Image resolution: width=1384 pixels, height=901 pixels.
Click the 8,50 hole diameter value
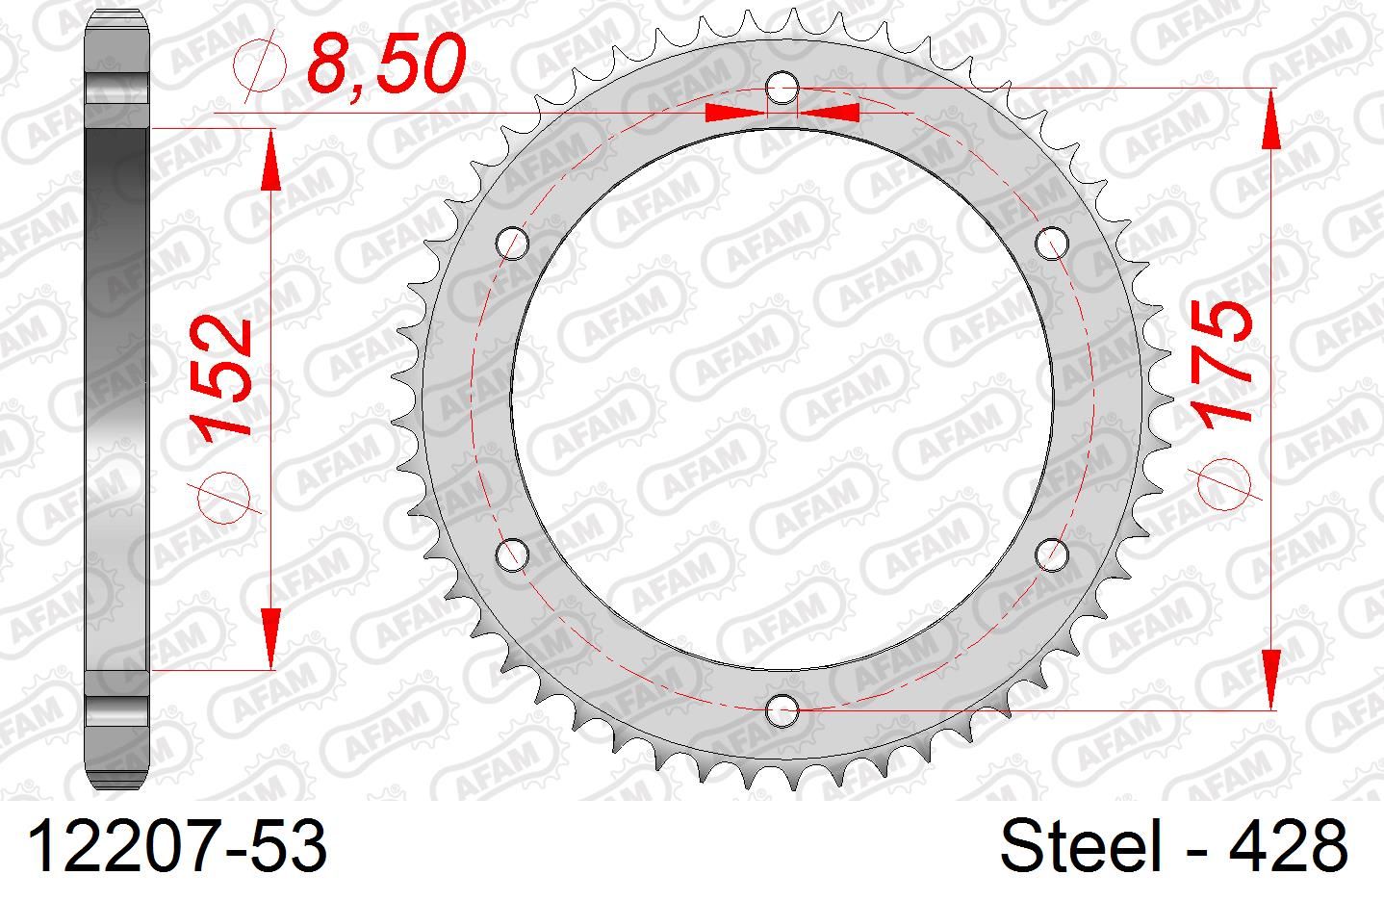pyautogui.click(x=386, y=64)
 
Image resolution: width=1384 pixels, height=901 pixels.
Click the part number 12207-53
pyautogui.click(x=177, y=847)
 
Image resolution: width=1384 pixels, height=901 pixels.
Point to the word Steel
pyautogui.click(x=1081, y=845)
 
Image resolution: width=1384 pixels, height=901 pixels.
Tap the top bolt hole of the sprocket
pyautogui.click(x=782, y=89)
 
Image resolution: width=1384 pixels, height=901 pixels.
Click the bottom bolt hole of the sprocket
pyautogui.click(x=782, y=710)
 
